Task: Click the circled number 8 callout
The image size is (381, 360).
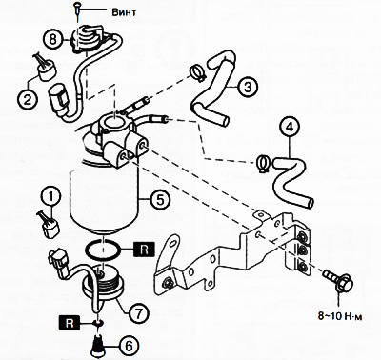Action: (x=52, y=40)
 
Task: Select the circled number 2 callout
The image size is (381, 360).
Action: (x=28, y=100)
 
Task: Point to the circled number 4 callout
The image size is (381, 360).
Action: (x=289, y=128)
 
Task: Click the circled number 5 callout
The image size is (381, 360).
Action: (x=160, y=199)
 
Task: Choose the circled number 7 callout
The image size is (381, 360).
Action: (x=139, y=313)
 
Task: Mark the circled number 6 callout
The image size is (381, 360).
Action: (x=129, y=346)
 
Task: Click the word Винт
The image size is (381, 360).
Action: (x=124, y=12)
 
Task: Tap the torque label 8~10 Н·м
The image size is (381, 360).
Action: (x=340, y=316)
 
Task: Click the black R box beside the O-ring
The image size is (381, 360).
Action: (x=144, y=250)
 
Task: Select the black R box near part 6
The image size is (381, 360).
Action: (x=69, y=323)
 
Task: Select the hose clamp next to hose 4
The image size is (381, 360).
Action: (x=263, y=163)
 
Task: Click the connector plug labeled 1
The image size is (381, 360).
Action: (x=50, y=225)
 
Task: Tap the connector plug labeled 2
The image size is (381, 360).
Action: (x=46, y=67)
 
